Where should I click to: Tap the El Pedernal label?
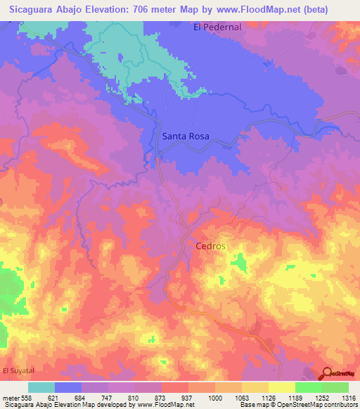click(x=217, y=27)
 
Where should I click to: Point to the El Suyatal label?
click(x=18, y=370)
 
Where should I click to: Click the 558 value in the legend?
click(x=25, y=397)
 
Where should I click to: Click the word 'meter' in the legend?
click(x=9, y=397)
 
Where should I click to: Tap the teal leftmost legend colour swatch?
click(x=41, y=387)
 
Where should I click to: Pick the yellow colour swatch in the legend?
click(x=281, y=387)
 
